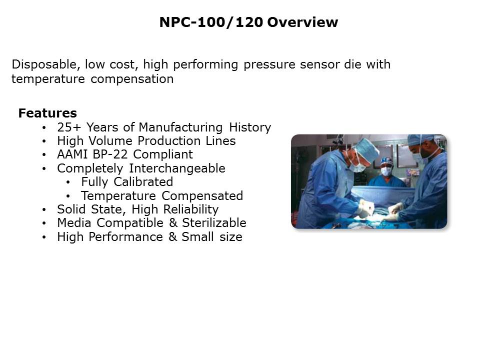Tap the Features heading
click(x=47, y=113)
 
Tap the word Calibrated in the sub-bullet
click(x=144, y=181)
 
